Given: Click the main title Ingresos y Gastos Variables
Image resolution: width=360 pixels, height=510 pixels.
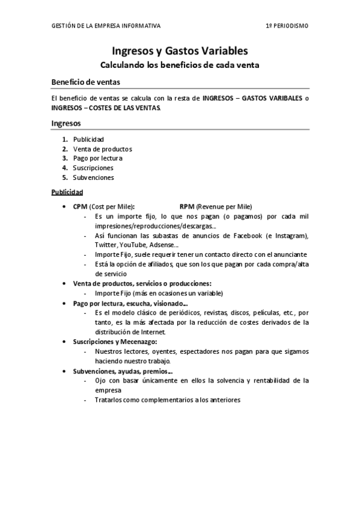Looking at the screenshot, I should coord(180,52).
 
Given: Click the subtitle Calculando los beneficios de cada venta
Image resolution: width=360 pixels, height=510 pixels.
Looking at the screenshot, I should coord(180,65).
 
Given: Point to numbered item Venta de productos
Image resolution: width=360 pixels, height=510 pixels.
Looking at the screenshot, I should coord(102,149).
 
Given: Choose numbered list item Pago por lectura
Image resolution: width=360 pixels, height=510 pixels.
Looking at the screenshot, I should coord(97,158).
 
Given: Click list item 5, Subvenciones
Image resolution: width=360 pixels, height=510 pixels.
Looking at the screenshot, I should coord(93,177).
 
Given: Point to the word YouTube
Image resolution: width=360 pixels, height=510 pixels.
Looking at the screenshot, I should coord(132,245).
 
